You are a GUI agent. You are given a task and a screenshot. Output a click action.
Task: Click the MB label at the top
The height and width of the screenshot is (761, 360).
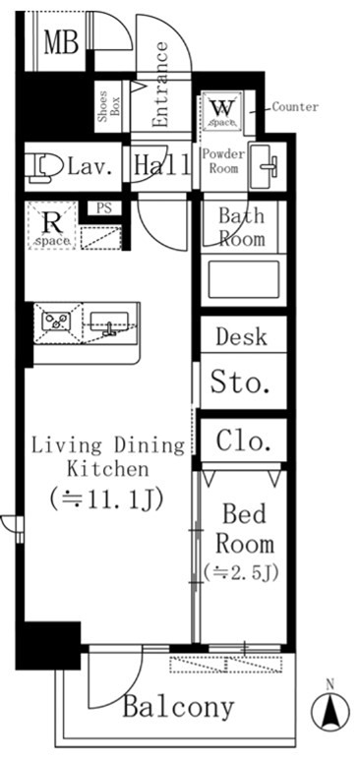[x=62, y=42]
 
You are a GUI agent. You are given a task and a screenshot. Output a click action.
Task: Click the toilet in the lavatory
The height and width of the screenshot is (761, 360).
[x=44, y=168]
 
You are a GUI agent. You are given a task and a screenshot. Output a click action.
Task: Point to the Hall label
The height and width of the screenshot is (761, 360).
[x=161, y=165]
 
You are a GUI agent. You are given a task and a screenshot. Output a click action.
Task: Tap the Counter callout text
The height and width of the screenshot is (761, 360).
[x=295, y=107]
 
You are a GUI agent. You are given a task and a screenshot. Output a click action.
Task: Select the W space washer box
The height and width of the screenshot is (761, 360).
[x=222, y=111]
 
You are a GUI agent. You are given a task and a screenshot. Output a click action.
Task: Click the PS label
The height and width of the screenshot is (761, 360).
[x=103, y=208]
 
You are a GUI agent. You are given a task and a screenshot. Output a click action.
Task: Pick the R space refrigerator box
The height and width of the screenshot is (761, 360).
[x=52, y=226]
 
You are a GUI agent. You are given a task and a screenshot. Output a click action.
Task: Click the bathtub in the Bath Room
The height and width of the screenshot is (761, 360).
[x=244, y=279]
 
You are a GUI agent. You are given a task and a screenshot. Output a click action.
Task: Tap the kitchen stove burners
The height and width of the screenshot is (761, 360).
[x=56, y=322]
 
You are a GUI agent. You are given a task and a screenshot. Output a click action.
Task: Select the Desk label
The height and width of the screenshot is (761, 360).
[x=241, y=336]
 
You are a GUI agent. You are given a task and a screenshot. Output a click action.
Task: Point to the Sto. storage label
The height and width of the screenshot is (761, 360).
[x=240, y=382]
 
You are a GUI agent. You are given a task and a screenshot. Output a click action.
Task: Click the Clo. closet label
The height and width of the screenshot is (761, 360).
[x=243, y=440]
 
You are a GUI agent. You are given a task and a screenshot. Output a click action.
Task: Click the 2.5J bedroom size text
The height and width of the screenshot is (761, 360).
[x=241, y=573]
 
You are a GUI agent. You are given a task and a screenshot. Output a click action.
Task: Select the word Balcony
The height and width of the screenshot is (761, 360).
[x=178, y=708]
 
